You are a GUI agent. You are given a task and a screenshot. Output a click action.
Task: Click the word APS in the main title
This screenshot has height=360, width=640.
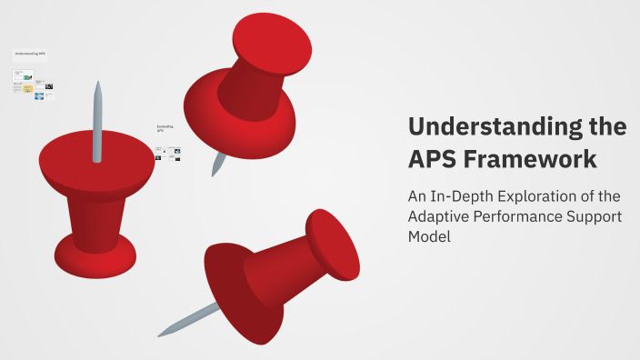pos(431,159)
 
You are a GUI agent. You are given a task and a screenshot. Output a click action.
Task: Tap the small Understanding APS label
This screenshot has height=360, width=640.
pos(30,55)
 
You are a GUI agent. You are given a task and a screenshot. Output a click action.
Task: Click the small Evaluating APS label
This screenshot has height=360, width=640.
pos(165,128)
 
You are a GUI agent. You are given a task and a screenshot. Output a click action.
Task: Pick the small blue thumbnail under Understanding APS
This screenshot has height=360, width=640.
pos(39,95)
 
